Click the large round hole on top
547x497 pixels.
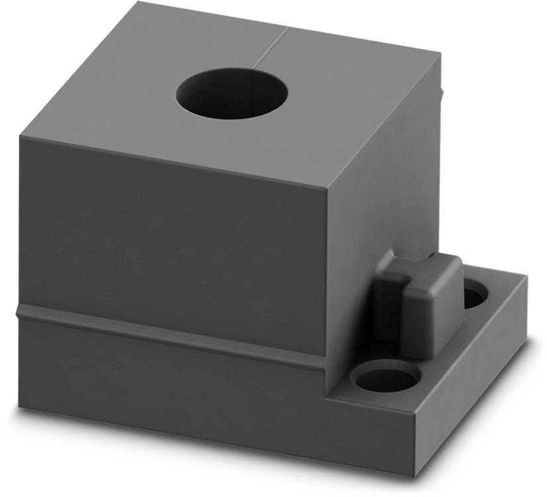click(x=232, y=96)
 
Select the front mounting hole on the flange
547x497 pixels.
click(x=387, y=378)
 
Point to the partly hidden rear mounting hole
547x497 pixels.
click(x=472, y=295)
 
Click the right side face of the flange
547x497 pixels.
click(x=476, y=377)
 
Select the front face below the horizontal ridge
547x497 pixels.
click(x=165, y=383)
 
